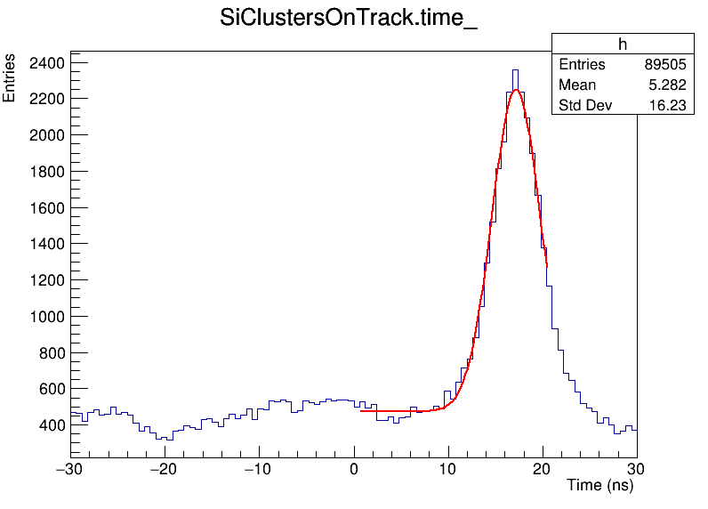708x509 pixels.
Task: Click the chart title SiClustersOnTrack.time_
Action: click(x=349, y=20)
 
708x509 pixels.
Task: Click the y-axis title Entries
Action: click(x=10, y=78)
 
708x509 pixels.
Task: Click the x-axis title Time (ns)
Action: click(x=600, y=486)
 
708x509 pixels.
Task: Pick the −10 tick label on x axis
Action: click(x=257, y=469)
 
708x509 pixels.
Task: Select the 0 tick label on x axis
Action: click(x=354, y=469)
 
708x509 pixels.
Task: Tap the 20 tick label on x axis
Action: click(x=543, y=469)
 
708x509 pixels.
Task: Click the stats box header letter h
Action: click(x=623, y=44)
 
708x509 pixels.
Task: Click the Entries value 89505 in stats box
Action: click(x=665, y=65)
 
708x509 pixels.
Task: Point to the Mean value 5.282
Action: click(x=668, y=85)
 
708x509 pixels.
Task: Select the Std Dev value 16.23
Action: click(x=668, y=106)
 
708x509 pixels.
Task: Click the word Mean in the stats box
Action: click(x=577, y=85)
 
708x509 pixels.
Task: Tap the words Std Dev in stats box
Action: click(x=586, y=106)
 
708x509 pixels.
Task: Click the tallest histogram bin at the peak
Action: click(x=514, y=71)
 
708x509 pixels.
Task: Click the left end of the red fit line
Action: click(x=361, y=411)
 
